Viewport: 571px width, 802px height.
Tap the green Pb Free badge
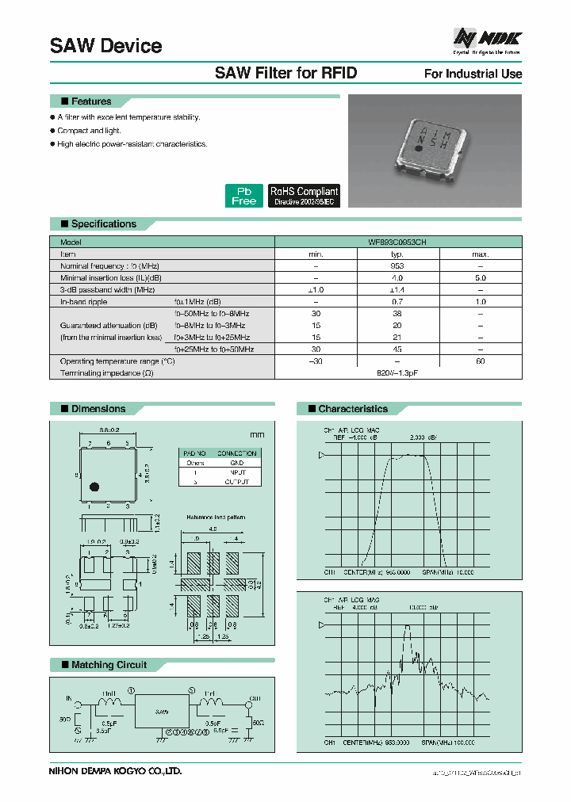click(243, 196)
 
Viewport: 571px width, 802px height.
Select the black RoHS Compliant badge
click(304, 196)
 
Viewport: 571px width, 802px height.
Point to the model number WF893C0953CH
click(397, 243)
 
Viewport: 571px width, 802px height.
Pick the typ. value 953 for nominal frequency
click(397, 266)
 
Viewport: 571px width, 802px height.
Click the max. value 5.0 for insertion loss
click(480, 278)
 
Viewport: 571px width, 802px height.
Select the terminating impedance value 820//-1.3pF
click(397, 372)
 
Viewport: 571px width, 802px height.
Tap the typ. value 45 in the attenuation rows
click(397, 349)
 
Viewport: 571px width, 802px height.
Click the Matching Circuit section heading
click(109, 664)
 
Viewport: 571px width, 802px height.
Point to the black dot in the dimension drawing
click(93, 487)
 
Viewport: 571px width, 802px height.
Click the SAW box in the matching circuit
click(162, 712)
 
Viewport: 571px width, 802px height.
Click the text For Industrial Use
click(473, 74)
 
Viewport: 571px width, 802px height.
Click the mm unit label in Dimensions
click(256, 435)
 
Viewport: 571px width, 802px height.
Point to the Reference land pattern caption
click(216, 517)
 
